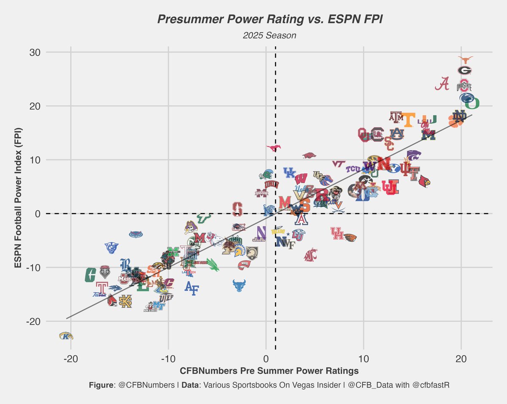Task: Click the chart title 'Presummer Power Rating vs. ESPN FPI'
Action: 270,19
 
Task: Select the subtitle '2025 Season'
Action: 270,36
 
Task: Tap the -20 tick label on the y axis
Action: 33,321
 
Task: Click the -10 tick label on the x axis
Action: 168,358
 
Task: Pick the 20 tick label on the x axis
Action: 461,358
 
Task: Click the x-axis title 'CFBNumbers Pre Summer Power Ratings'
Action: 270,371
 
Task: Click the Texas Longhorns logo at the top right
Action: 465,60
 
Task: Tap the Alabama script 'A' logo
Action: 442,84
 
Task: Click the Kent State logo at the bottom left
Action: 66,336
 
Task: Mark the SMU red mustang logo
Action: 274,148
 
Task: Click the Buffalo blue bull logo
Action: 240,285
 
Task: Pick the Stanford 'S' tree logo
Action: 237,209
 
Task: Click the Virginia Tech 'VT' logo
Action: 339,164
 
